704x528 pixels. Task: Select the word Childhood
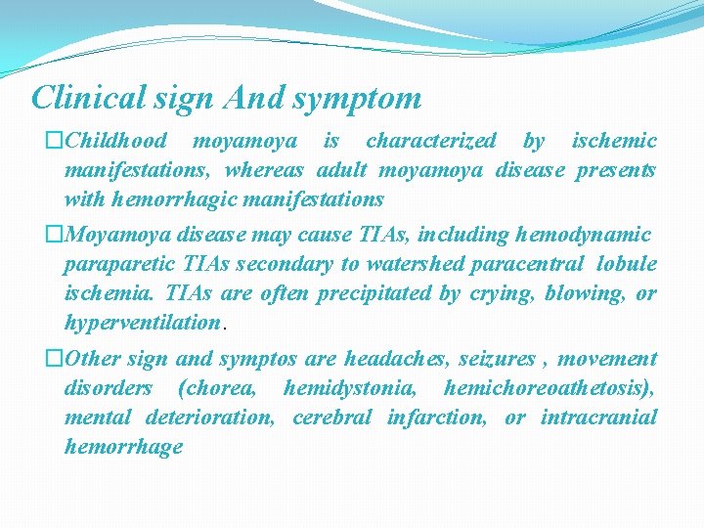tap(115, 141)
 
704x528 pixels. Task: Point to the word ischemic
tap(614, 141)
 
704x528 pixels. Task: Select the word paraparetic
tap(116, 265)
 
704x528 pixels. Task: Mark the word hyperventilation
tap(142, 323)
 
